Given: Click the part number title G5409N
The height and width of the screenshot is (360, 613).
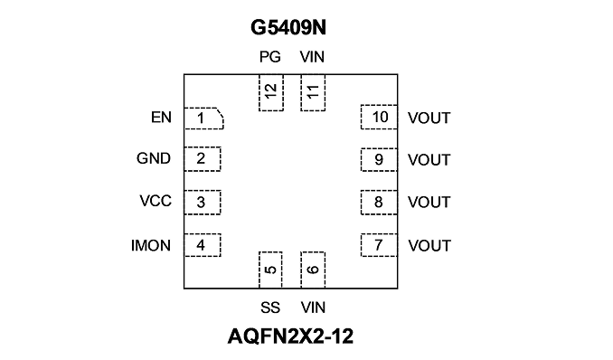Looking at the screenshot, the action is click(288, 28).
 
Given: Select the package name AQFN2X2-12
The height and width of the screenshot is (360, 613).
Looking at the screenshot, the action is click(290, 336).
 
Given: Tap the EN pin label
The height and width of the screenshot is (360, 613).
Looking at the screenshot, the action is click(161, 118).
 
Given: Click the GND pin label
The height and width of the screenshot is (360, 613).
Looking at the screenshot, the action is click(154, 158).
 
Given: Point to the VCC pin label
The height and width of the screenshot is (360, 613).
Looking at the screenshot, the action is click(156, 201).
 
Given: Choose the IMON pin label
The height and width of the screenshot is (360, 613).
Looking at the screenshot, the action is click(151, 246).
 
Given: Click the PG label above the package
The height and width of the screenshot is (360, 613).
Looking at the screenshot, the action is click(270, 57).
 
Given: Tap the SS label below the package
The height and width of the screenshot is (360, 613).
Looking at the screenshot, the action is click(270, 308).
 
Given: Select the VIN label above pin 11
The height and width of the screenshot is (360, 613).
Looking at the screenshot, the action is click(312, 57).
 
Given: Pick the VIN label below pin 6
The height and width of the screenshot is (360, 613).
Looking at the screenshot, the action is click(313, 308).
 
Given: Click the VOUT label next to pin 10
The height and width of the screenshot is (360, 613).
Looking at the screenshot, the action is click(429, 118).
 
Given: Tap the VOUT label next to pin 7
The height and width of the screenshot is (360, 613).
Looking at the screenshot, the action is click(429, 246).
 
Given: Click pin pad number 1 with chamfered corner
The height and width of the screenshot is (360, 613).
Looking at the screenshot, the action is click(203, 118).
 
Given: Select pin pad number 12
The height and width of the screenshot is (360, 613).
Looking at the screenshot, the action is click(271, 92).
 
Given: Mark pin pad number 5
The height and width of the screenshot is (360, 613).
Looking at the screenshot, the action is click(270, 270).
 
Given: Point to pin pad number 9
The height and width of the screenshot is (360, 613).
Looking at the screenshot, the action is click(379, 160).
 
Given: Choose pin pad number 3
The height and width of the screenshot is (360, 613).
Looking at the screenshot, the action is click(203, 203).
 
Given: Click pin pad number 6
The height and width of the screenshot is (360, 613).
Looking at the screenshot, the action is click(313, 270).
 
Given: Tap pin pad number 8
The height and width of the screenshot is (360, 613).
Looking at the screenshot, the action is click(379, 203).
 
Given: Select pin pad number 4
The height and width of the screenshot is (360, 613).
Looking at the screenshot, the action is click(203, 245).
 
